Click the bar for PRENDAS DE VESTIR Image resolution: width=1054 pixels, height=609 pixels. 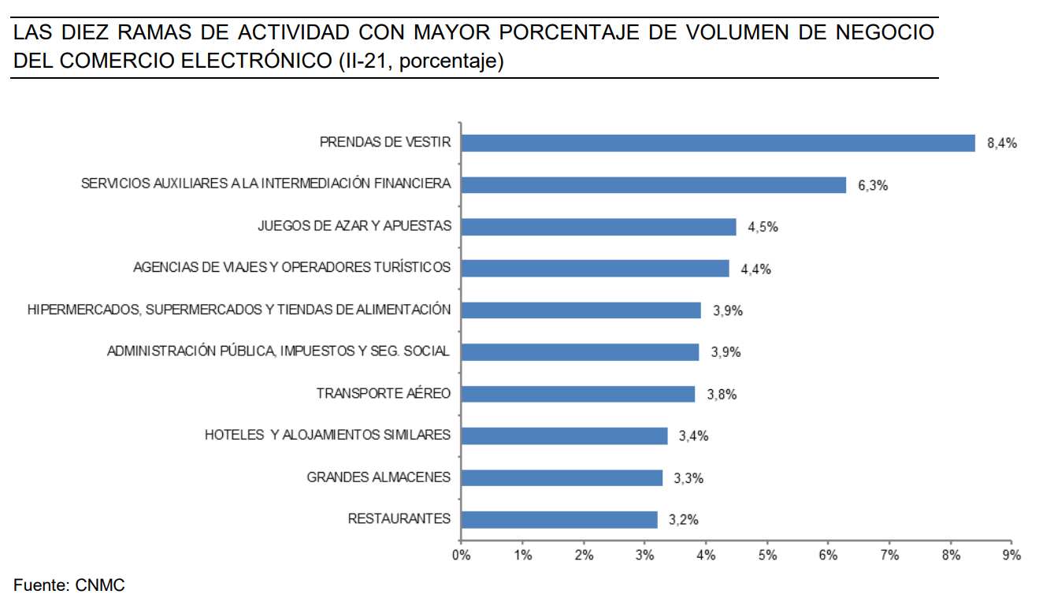click(718, 143)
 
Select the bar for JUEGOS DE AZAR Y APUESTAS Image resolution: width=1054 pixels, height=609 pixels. click(598, 227)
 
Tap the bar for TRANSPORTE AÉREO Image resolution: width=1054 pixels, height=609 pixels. click(577, 394)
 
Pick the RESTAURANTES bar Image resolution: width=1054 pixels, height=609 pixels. click(559, 519)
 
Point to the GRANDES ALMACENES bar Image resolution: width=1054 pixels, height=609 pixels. click(561, 477)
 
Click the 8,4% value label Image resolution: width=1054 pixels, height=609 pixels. click(1002, 143)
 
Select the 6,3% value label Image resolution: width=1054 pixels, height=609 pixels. click(873, 186)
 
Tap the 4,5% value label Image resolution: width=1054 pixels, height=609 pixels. click(763, 227)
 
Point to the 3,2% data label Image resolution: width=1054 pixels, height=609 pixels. click(683, 520)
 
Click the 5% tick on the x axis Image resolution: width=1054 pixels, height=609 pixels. click(767, 555)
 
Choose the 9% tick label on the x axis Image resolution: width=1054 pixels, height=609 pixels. click(1011, 555)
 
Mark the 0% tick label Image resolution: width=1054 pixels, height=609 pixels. click(461, 555)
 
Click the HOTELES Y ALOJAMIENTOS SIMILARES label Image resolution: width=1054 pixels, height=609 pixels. click(328, 435)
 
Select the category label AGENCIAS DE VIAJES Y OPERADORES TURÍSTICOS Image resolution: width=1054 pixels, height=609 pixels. click(292, 268)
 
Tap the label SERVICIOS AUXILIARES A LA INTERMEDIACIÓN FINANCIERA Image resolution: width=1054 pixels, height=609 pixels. click(266, 184)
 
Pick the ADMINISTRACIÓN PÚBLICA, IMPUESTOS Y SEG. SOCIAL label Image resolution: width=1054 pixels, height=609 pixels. click(279, 351)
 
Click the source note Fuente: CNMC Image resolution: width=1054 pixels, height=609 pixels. click(69, 585)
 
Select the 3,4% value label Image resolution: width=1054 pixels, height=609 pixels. click(693, 436)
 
